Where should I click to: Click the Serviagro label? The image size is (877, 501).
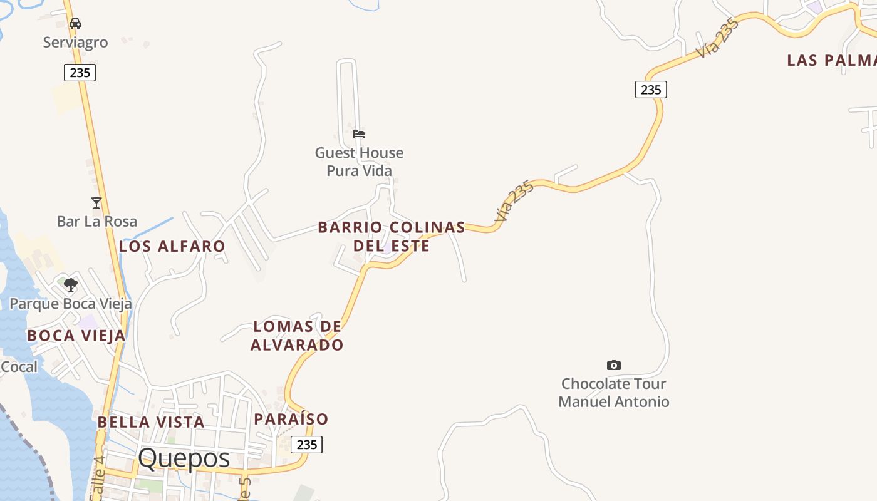75,43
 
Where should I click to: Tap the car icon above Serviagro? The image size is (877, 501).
75,24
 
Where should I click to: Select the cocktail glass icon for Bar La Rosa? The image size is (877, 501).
96,202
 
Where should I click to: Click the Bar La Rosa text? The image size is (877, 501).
96,221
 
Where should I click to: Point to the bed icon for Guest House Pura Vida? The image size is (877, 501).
359,133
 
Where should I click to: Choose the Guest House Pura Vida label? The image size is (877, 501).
359,162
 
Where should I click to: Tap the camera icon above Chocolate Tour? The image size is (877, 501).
614,365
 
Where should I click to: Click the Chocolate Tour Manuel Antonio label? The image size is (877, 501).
614,393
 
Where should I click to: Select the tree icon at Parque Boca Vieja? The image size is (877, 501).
71,285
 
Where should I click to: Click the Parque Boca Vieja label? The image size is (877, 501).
71,304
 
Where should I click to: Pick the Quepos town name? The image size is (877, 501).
184,458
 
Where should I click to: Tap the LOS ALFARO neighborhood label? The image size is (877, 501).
172,246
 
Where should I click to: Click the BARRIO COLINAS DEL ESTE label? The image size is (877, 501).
392,236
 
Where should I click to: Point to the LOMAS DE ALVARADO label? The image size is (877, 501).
297,336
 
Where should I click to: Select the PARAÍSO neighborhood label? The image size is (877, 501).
291,419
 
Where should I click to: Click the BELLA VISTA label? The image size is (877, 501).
151,422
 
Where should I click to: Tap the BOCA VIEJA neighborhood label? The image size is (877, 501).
76,336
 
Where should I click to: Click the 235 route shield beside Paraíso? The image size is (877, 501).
307,445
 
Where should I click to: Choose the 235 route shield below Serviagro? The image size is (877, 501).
80,73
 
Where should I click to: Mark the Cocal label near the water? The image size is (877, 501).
19,367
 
